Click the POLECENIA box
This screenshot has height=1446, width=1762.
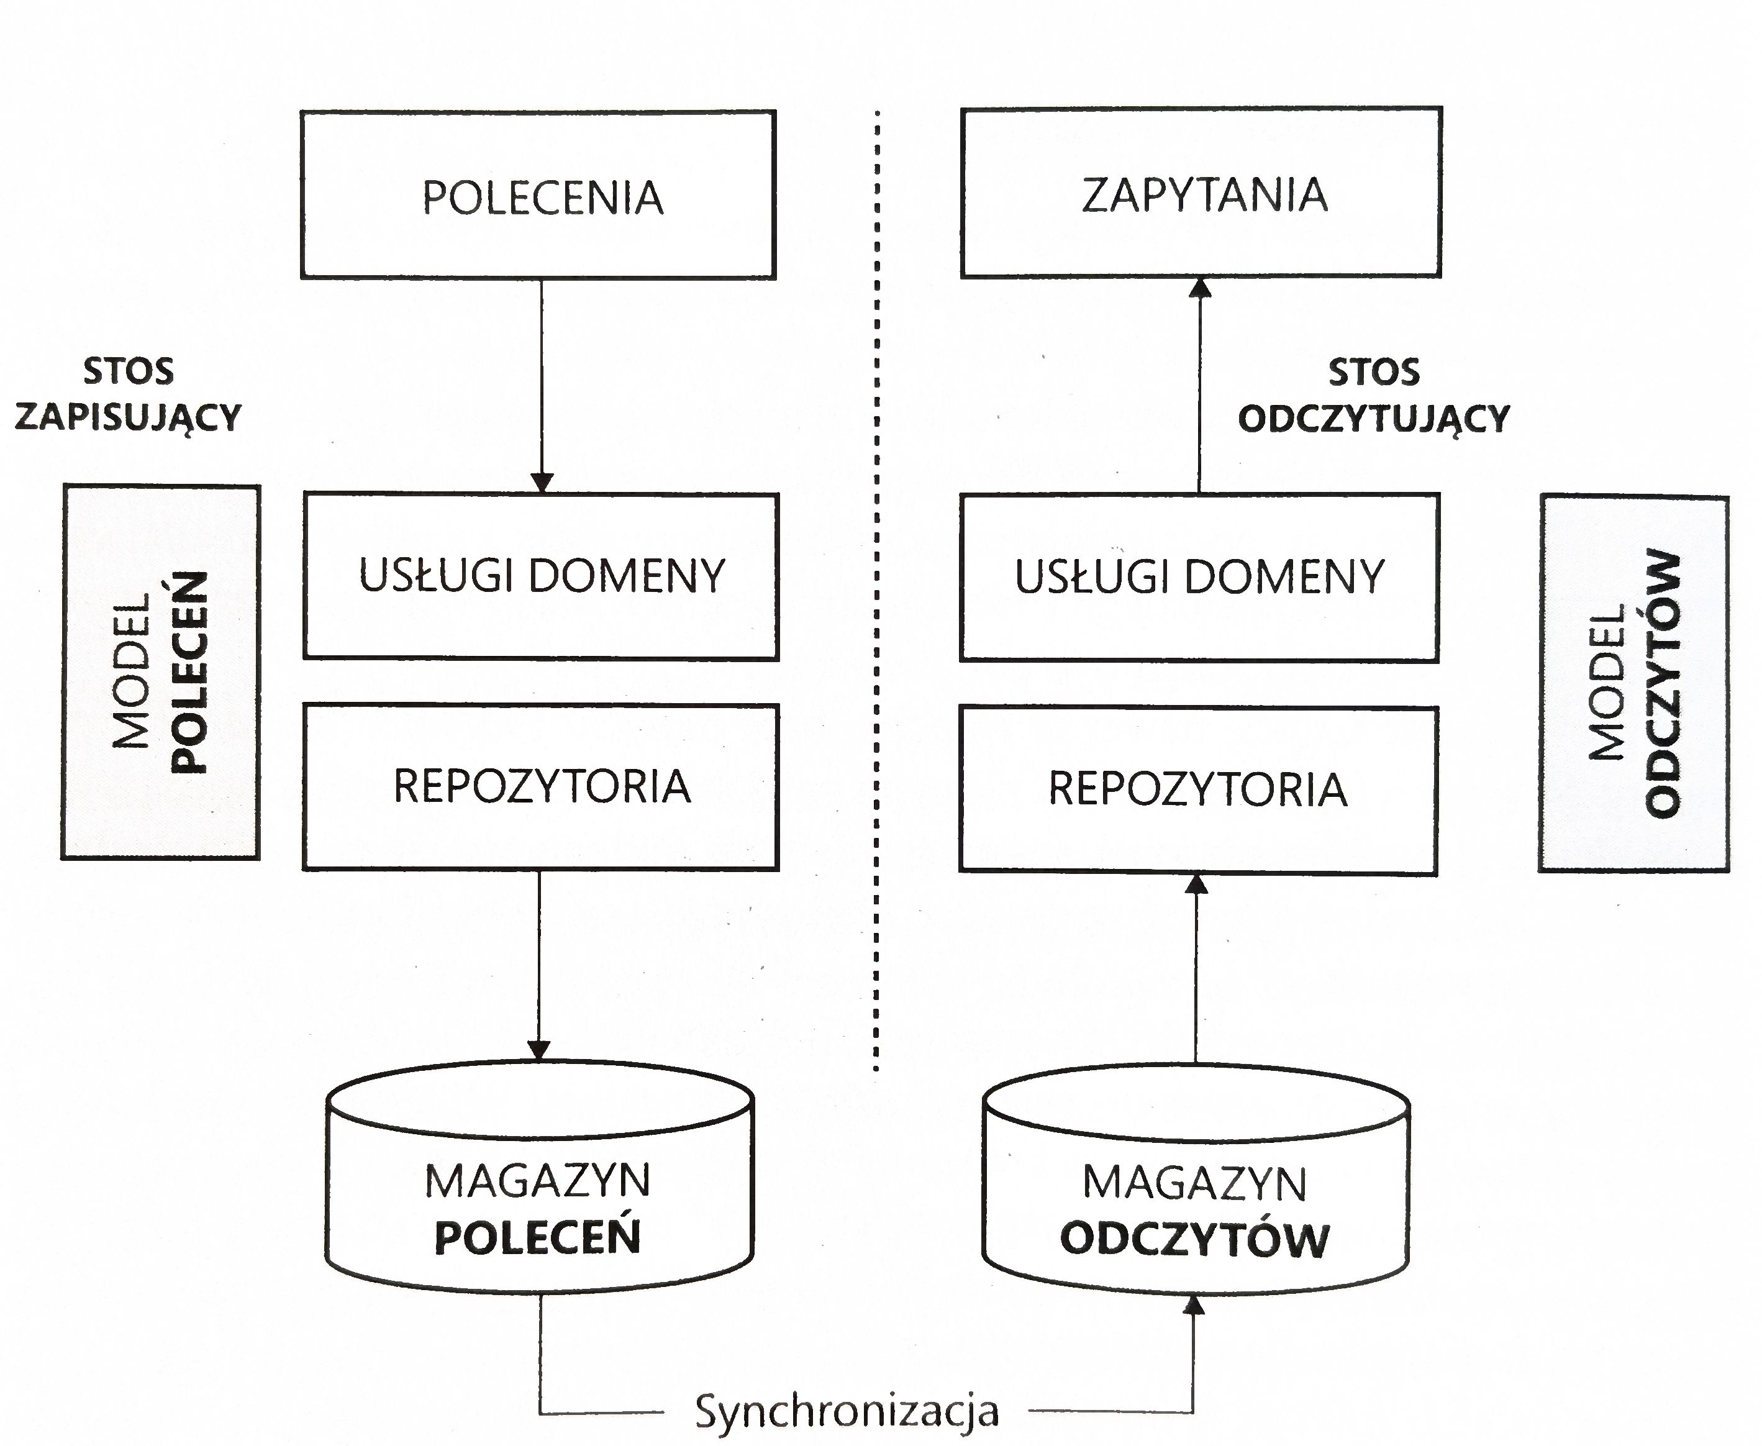coord(538,195)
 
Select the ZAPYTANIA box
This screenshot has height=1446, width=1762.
coord(1201,193)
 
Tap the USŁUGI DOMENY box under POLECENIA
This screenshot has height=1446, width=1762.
coord(541,576)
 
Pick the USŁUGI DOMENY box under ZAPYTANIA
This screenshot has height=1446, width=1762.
coord(1199,577)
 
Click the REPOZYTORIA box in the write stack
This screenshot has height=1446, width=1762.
coord(541,787)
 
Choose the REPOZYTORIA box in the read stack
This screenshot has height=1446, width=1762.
coord(1197,789)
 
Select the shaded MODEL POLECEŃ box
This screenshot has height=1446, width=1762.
coord(161,672)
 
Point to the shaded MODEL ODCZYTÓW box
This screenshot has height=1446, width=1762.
coord(1634,683)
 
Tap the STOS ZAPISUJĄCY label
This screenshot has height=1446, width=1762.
coord(128,394)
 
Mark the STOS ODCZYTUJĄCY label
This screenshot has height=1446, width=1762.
coord(1373,395)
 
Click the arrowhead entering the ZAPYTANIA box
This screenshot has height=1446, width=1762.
coord(1200,288)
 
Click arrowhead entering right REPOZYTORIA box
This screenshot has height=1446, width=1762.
coord(1197,884)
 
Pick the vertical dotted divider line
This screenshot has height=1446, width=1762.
coord(877,583)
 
